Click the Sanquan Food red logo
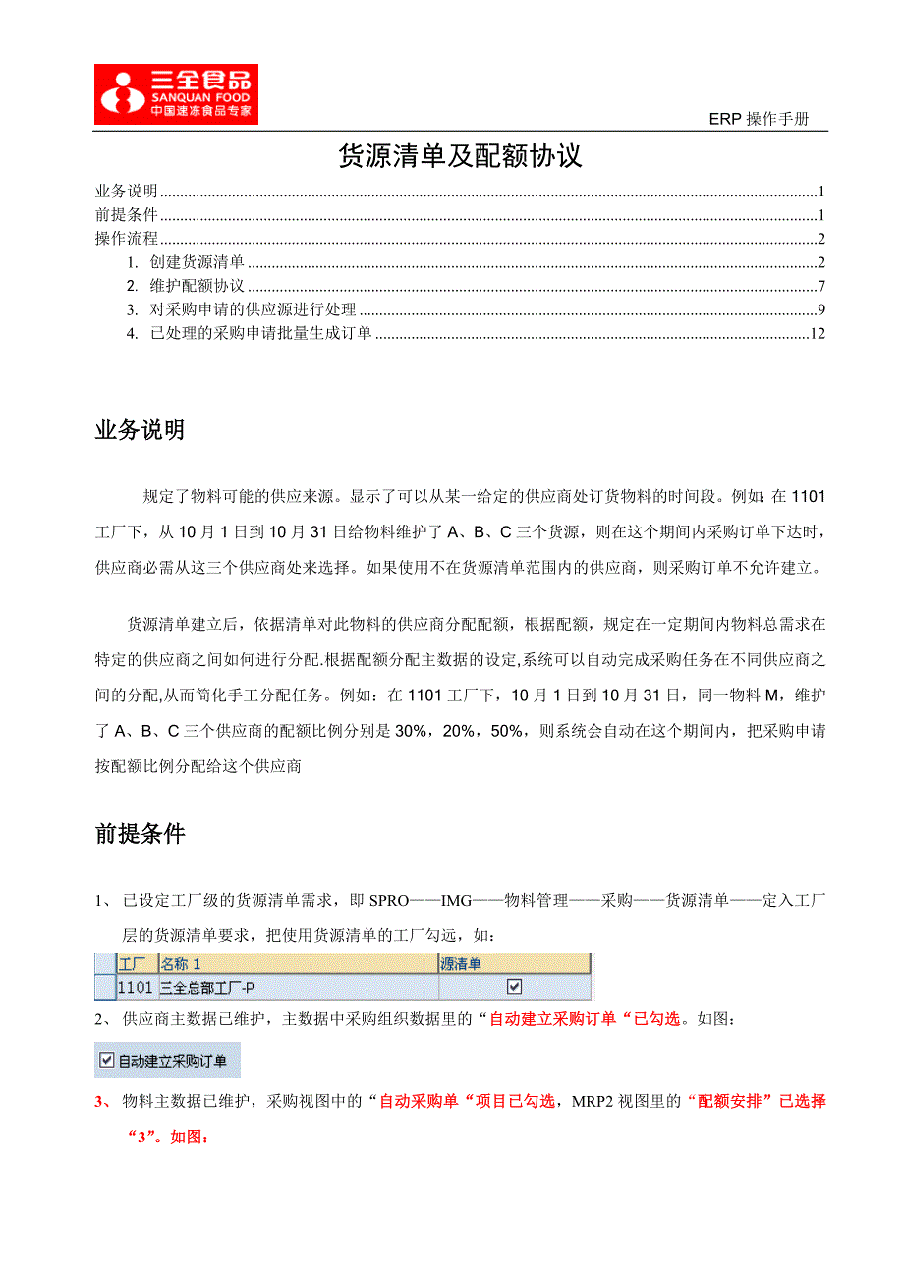tap(176, 94)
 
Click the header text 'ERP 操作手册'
tap(759, 120)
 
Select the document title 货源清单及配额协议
tap(460, 157)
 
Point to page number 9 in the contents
tap(820, 310)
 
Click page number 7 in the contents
tap(820, 286)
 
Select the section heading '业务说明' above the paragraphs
tap(140, 430)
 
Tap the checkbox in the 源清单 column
tap(513, 987)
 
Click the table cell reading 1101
tap(135, 987)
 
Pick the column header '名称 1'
tap(181, 964)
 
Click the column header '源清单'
tap(461, 964)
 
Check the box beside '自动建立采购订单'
tap(108, 1060)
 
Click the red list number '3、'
tap(104, 1102)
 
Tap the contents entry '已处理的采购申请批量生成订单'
tap(260, 334)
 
